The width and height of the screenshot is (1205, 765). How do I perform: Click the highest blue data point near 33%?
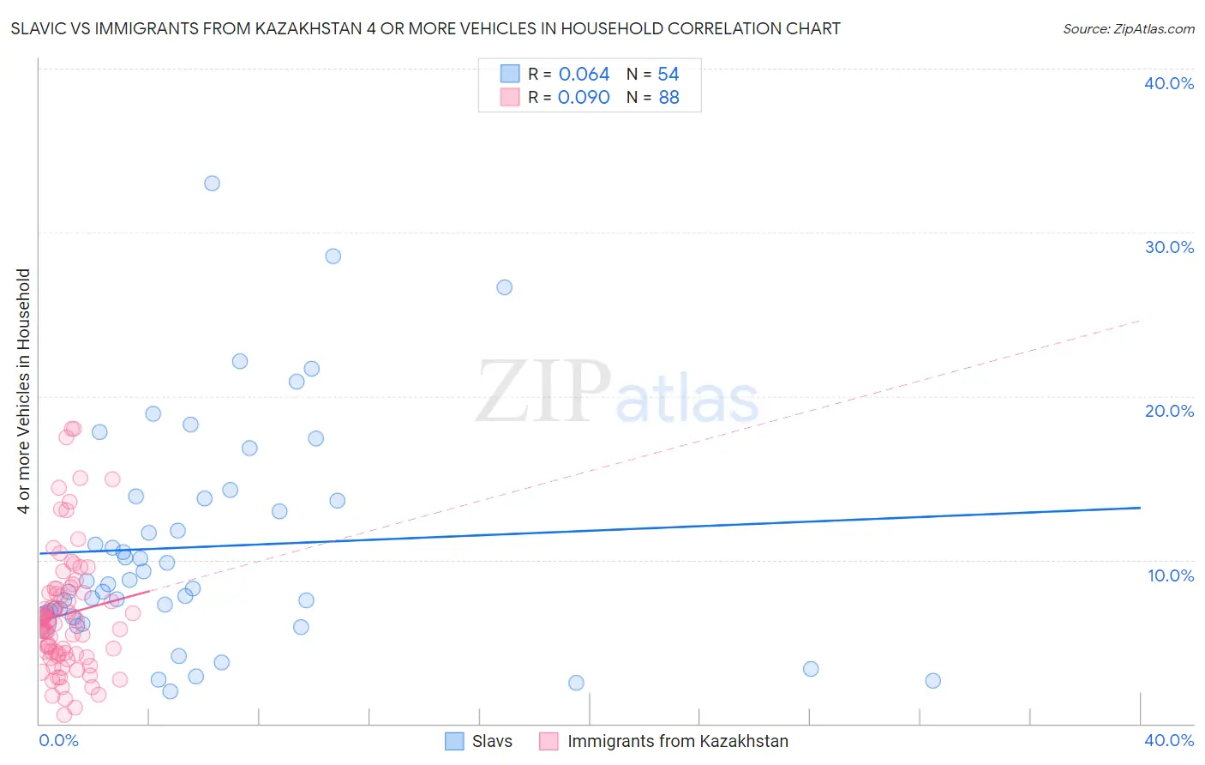point(212,184)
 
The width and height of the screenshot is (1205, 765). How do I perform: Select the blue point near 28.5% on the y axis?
point(333,256)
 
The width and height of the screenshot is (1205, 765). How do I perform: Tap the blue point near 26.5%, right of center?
point(505,287)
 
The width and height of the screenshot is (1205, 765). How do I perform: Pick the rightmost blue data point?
point(933,681)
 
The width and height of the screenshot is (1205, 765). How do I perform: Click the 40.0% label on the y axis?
point(1169,83)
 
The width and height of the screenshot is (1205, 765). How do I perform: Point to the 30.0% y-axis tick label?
point(1169,247)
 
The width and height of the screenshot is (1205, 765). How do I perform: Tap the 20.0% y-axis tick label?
point(1169,411)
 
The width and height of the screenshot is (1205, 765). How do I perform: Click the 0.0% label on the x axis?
point(58,740)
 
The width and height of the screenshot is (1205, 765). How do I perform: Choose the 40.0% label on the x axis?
point(1169,740)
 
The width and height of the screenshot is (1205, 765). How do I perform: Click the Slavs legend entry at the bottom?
point(492,741)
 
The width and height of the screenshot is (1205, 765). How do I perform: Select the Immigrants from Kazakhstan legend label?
point(677,741)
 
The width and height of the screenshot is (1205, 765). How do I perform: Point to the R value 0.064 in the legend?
point(584,75)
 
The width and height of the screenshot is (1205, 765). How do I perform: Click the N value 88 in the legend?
point(668,98)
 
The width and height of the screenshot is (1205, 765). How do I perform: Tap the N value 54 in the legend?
point(668,75)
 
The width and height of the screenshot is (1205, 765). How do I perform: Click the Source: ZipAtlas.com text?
point(1128,29)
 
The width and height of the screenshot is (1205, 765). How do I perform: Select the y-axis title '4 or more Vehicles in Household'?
point(24,391)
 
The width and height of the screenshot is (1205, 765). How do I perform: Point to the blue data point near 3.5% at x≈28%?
point(811,669)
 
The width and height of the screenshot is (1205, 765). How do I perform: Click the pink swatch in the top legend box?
point(510,98)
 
